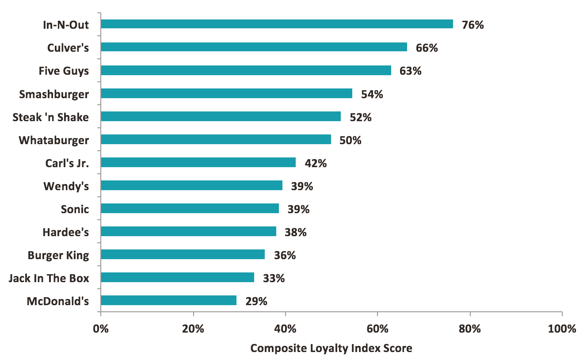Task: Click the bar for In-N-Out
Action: click(x=277, y=24)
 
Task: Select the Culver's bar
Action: click(x=254, y=47)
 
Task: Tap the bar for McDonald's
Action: click(x=168, y=300)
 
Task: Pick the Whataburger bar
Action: click(x=216, y=139)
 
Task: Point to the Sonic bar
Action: click(x=190, y=208)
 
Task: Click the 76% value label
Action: click(x=473, y=25)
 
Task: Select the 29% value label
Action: click(x=256, y=301)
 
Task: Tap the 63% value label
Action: click(x=410, y=71)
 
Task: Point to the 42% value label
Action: click(x=315, y=163)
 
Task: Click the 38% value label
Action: click(x=295, y=232)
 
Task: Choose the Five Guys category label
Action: click(x=64, y=71)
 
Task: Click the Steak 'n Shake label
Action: click(x=50, y=117)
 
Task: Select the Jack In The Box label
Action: click(x=49, y=278)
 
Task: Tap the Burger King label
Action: click(x=58, y=255)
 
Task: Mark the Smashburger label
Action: click(x=54, y=94)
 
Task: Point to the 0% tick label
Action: click(x=101, y=329)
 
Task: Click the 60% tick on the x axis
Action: click(x=377, y=329)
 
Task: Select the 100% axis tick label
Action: click(x=562, y=329)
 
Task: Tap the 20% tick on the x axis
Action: click(x=193, y=329)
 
